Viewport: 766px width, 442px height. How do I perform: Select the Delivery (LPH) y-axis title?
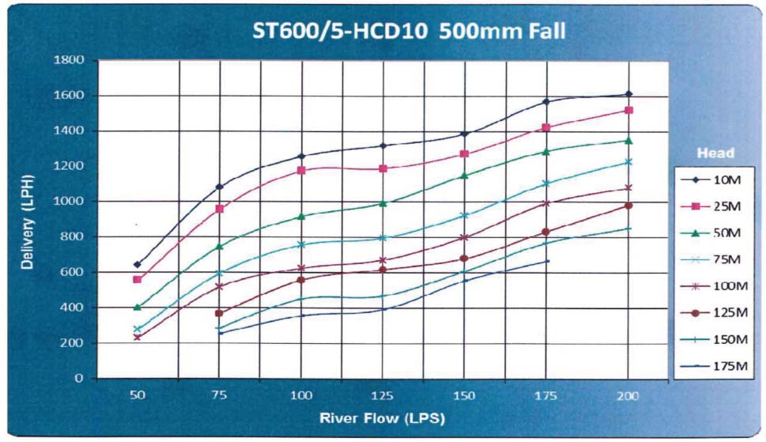pos(28,217)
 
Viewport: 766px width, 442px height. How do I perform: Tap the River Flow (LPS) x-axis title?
pos(383,416)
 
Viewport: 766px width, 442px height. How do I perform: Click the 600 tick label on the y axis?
pos(72,272)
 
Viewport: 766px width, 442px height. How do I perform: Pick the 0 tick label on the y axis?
pos(80,378)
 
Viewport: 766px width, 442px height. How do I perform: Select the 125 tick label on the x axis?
pos(383,394)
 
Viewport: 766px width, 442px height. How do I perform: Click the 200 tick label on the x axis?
pos(628,394)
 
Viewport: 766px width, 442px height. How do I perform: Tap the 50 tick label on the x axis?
pos(138,394)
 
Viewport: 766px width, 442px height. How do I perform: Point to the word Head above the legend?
pos(715,153)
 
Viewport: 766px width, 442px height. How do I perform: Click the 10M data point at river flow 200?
pos(628,94)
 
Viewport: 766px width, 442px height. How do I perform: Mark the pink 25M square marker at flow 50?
pos(138,279)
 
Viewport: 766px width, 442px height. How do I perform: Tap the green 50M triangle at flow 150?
pos(465,176)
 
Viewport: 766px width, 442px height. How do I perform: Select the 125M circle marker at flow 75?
pos(219,313)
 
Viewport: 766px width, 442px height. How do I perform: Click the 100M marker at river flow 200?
pos(628,187)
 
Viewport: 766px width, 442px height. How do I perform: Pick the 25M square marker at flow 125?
pos(383,168)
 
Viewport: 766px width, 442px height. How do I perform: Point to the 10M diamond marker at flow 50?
pos(138,264)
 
